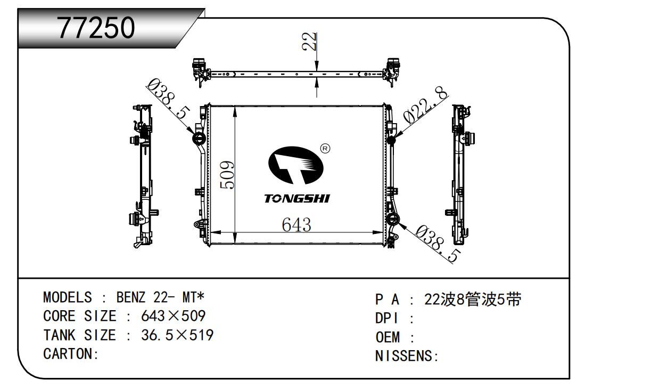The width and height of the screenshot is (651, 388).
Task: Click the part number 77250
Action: coord(96,28)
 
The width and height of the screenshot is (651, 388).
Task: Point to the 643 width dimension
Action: coord(296,224)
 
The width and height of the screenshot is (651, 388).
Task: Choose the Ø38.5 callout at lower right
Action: coord(437,244)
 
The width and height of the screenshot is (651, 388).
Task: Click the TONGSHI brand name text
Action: coord(297,199)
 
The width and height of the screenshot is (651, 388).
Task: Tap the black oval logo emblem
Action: coord(296,166)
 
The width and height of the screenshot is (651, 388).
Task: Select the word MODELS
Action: coord(67,297)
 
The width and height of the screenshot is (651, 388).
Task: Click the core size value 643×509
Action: coord(173,316)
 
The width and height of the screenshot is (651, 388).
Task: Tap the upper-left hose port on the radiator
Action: coord(199,139)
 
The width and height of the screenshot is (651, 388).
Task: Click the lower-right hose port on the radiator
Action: coord(394,220)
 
